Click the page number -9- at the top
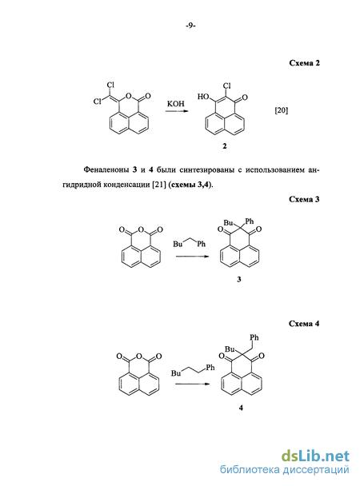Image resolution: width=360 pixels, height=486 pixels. coord(190,26)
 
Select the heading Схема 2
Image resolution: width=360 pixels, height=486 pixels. coord(304,63)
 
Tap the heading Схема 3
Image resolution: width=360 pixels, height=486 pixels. coord(304,199)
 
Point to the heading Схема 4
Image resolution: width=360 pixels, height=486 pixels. coord(304,324)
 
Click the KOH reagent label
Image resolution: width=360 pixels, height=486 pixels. coord(175,104)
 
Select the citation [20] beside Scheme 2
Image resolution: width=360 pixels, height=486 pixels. coord(282,110)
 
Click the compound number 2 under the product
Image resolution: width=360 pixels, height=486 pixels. coord(225,145)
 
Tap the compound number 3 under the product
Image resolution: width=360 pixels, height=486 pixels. coord(238,279)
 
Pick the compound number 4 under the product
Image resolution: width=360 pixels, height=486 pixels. coord(241,408)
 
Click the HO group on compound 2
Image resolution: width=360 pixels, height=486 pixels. coord(203,97)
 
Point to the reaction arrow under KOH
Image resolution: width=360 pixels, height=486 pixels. coord(177,110)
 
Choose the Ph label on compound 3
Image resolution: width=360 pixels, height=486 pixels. coord(250,221)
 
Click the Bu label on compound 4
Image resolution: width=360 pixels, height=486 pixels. coord(230,349)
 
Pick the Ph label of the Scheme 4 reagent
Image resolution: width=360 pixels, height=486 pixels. coord(210,368)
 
